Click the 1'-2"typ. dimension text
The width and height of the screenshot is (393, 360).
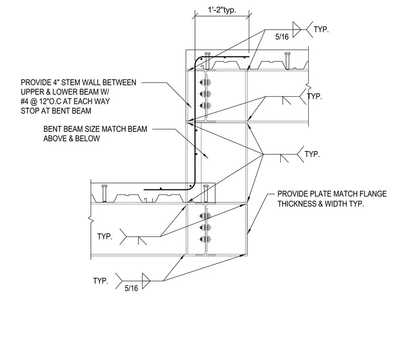[x=222, y=10]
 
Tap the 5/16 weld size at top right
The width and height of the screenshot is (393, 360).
[x=282, y=37]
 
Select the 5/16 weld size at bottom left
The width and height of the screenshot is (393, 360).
[x=131, y=288]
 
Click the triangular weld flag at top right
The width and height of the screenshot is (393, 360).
[x=297, y=29]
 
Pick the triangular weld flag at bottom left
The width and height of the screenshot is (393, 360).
[x=146, y=281]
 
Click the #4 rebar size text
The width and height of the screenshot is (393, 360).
[x=25, y=101]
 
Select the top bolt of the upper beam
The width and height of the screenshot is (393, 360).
[x=205, y=82]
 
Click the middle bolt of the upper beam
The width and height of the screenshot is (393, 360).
[x=205, y=94]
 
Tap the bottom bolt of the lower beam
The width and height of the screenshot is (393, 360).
[x=205, y=239]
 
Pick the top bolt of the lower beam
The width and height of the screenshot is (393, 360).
[x=205, y=216]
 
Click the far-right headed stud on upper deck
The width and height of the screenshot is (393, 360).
[x=288, y=61]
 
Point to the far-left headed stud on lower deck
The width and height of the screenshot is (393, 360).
[x=104, y=193]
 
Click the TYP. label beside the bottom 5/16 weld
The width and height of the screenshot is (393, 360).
[x=100, y=281]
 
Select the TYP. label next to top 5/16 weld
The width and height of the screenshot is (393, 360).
[x=321, y=29]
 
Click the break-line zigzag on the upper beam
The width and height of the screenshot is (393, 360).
[x=308, y=87]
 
